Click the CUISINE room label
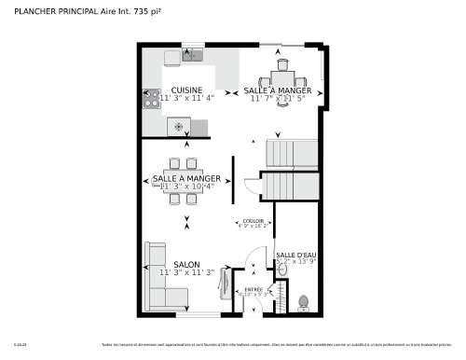pyautogui.click(x=186, y=90)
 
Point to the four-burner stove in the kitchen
pyautogui.click(x=151, y=98)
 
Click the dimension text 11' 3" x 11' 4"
pyautogui.click(x=186, y=98)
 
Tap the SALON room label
pyautogui.click(x=187, y=265)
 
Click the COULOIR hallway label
pyautogui.click(x=253, y=220)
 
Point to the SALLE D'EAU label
pyautogui.click(x=295, y=255)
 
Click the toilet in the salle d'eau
pyautogui.click(x=303, y=303)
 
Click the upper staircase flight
pyautogui.click(x=289, y=152)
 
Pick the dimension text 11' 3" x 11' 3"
pyautogui.click(x=187, y=273)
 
